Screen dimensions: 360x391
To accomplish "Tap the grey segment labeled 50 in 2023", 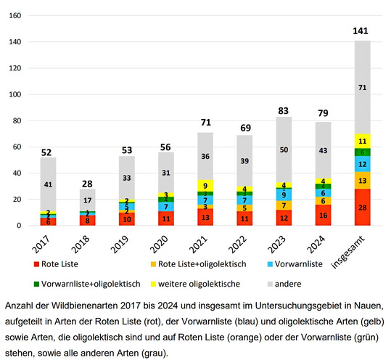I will (287, 149).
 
